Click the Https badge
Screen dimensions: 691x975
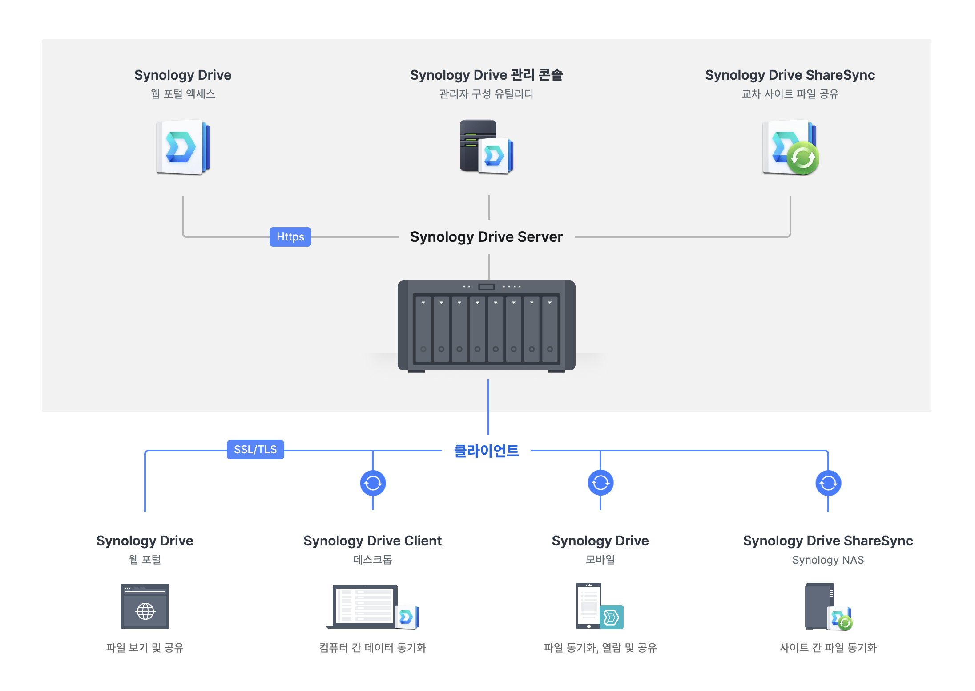coord(290,236)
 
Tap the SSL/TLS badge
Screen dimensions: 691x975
coord(255,449)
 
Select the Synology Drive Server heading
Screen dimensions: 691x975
coord(486,236)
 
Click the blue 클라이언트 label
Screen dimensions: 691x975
coord(486,451)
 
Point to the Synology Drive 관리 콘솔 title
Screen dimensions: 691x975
coord(486,75)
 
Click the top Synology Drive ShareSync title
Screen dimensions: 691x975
coord(790,75)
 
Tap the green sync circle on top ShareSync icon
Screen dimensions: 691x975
coord(802,158)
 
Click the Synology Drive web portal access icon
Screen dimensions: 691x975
coord(183,147)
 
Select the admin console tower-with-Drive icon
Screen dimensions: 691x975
coord(486,146)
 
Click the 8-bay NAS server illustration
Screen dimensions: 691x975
coord(486,325)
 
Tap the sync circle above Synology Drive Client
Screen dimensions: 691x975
coord(373,483)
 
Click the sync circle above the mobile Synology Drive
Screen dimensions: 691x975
coord(600,483)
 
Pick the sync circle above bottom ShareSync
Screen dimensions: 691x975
coord(828,483)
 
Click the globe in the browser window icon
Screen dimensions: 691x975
coord(145,611)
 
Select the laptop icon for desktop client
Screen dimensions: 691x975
coord(365,606)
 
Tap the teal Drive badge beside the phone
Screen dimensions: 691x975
coord(612,617)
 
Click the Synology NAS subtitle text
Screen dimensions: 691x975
coord(828,560)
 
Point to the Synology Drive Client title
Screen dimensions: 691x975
coord(372,541)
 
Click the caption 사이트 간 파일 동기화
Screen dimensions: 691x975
coord(828,647)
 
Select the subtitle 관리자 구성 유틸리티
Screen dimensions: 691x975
coord(486,94)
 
